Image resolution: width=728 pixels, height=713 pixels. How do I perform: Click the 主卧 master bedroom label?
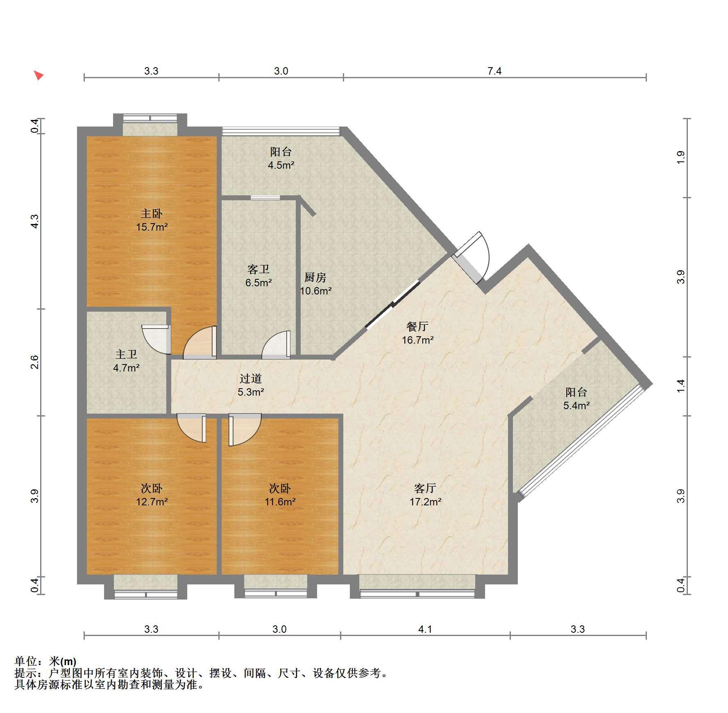click(x=152, y=214)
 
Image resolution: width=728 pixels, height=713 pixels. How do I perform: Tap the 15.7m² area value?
click(x=152, y=227)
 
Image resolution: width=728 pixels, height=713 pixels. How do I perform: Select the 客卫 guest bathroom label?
click(x=259, y=269)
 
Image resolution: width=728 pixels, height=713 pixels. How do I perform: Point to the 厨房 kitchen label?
click(x=315, y=278)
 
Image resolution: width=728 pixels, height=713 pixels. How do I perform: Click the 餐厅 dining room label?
click(x=417, y=326)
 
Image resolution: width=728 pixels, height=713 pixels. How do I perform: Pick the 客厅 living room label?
click(x=425, y=488)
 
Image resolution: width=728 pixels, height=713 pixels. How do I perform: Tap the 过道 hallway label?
click(x=251, y=379)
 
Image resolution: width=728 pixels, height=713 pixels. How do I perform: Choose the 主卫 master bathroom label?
click(x=126, y=355)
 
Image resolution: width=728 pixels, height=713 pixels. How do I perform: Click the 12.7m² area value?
click(x=152, y=502)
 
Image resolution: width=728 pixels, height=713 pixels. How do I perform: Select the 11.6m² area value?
click(x=280, y=502)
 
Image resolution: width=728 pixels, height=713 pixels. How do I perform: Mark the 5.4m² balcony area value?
click(x=576, y=406)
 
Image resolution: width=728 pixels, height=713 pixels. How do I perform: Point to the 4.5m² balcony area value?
click(x=281, y=165)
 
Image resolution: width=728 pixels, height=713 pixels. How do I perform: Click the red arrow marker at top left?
click(x=39, y=75)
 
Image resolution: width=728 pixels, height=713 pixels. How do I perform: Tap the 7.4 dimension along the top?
click(x=494, y=71)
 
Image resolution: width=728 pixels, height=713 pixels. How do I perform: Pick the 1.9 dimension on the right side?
click(x=680, y=158)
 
